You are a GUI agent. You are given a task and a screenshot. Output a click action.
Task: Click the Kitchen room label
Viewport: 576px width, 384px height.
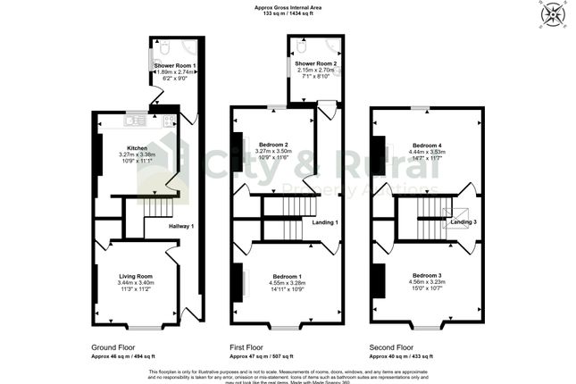pos(137,147)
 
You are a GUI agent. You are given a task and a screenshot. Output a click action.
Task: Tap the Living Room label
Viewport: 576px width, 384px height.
pos(137,276)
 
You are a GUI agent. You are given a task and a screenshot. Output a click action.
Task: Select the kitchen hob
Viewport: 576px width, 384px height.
pos(167,119)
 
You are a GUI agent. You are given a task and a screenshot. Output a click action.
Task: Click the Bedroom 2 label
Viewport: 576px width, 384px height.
pos(274,145)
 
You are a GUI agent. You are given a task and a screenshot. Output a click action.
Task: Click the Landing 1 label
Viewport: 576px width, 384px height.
pos(324,221)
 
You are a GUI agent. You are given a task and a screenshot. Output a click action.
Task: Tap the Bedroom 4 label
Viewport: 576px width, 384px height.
pos(427,145)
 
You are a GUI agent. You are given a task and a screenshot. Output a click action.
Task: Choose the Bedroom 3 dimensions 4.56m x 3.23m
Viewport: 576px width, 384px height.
pos(427,283)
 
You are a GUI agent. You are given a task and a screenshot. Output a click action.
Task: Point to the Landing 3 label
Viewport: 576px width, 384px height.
pos(463,221)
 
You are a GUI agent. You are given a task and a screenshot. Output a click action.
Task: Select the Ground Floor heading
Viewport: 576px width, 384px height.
pos(114,346)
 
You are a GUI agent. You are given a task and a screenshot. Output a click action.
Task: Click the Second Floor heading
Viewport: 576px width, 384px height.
pos(391,346)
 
